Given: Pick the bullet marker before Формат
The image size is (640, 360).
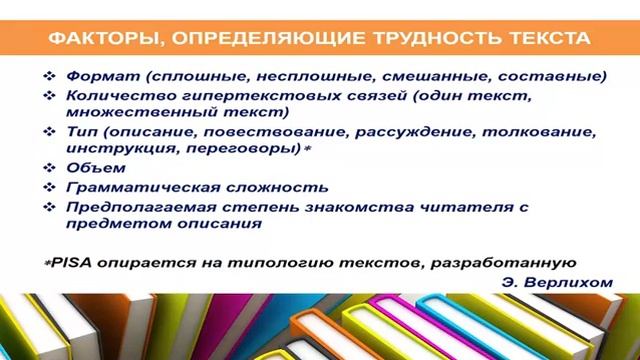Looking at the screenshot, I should click(x=53, y=76).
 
